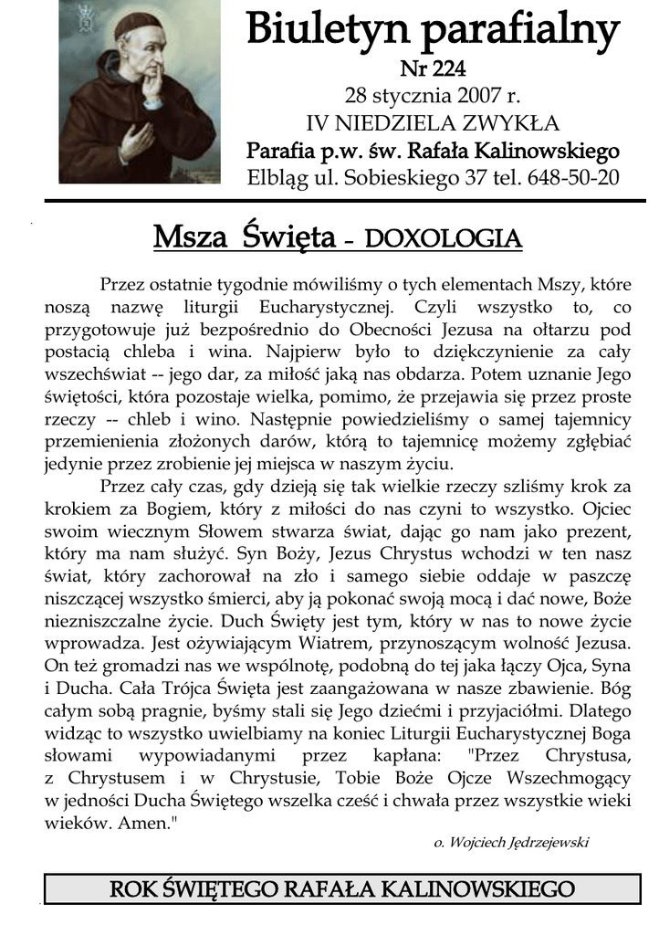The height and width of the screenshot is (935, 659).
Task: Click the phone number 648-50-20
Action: [x=573, y=177]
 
